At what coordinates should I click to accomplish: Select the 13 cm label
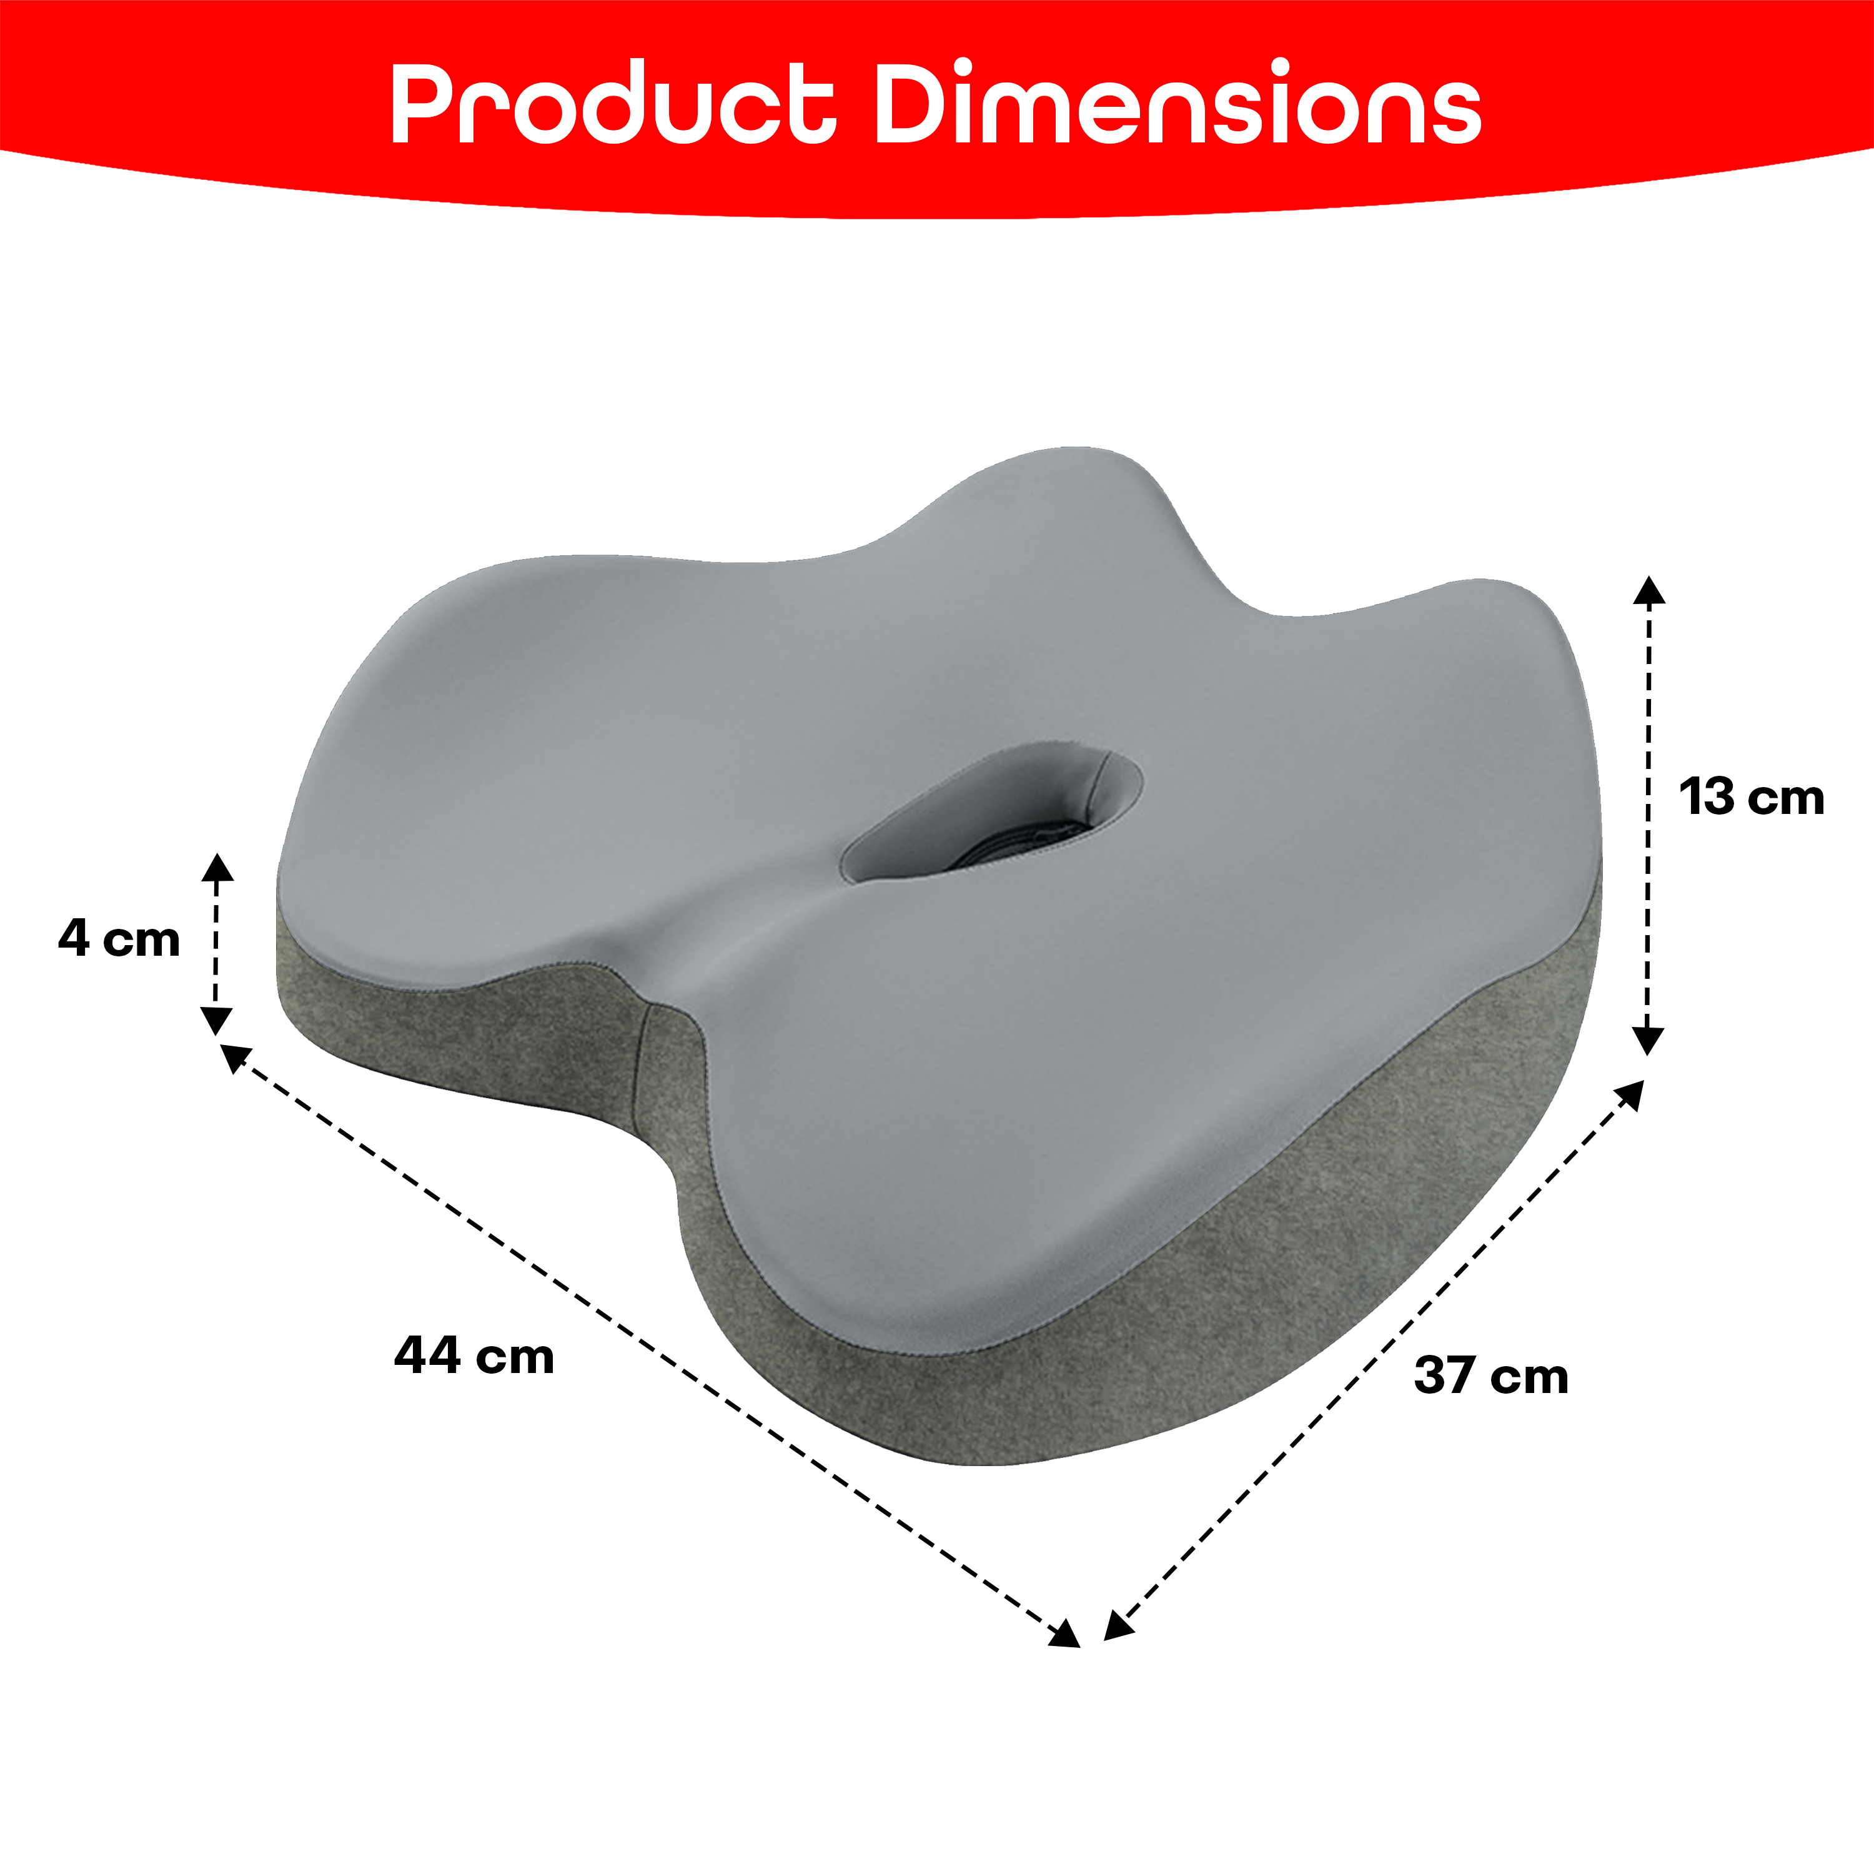pos(1752,796)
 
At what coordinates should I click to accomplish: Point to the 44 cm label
pos(474,1355)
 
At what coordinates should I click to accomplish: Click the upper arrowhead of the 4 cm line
pos(217,867)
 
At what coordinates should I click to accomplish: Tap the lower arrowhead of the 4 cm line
pos(216,1021)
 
